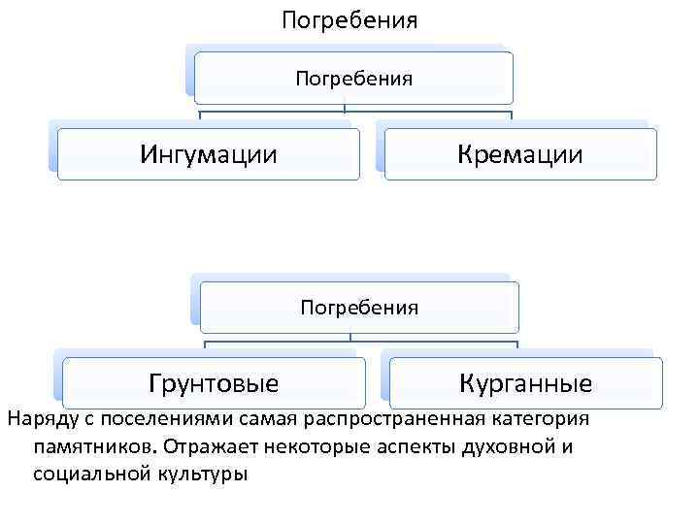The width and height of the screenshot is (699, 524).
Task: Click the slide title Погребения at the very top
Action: pos(349,19)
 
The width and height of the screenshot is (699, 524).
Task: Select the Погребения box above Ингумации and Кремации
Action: pos(353,78)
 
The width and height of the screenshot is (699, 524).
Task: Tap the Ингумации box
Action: pos(209,153)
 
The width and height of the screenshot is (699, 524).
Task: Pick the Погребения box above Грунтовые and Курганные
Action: pos(359,308)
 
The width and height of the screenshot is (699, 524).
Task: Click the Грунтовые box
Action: pos(214,382)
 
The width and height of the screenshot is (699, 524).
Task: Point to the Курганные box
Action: pos(525,382)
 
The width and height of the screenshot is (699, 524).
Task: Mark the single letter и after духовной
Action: pos(567,447)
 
